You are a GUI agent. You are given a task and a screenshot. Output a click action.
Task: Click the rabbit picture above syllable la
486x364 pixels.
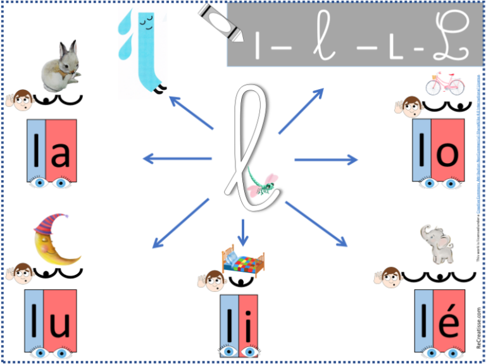tap(59, 66)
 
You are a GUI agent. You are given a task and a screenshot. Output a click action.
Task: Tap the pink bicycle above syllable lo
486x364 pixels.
tap(444, 83)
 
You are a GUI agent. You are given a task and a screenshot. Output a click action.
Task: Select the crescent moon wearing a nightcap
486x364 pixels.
tap(56, 239)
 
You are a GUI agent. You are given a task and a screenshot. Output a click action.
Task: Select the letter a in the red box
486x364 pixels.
tap(60, 154)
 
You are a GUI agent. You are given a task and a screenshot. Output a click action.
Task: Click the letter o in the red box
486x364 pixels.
tap(447, 153)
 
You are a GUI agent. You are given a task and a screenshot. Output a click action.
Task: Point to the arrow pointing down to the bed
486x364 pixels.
tap(243, 232)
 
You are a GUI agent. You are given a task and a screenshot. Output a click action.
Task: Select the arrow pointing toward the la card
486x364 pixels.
tap(177, 158)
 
